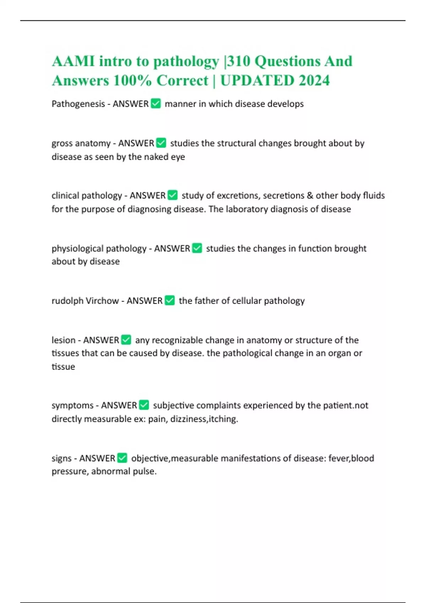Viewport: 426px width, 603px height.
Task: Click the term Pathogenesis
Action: point(78,104)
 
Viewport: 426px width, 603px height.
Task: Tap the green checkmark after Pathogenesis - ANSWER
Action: point(156,104)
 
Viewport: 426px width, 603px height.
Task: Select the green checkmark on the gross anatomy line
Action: point(161,143)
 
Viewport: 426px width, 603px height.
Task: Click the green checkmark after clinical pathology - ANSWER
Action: point(173,195)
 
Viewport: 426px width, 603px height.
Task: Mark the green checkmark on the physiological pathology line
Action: point(197,248)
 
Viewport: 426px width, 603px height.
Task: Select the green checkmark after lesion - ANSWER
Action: point(126,340)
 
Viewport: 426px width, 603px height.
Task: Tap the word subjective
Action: point(173,405)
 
